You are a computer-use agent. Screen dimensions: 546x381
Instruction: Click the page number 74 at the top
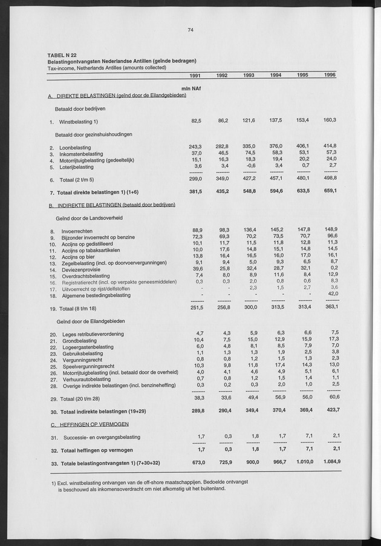click(x=190, y=30)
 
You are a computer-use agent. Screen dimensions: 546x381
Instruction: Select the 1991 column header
click(x=195, y=76)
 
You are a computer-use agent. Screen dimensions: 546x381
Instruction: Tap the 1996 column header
click(x=330, y=76)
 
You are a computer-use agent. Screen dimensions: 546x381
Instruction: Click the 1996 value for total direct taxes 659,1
click(x=330, y=192)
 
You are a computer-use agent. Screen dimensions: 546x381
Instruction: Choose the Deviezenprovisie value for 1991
click(x=195, y=269)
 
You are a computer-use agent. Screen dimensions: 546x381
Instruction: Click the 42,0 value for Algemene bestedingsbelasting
click(x=331, y=294)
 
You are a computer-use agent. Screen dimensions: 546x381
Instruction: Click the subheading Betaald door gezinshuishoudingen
click(x=93, y=134)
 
